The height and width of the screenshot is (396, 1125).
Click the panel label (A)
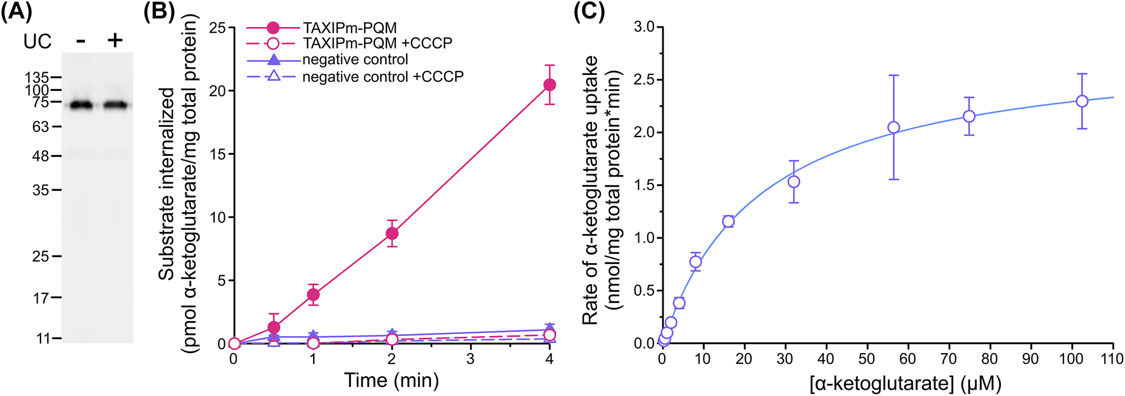16,11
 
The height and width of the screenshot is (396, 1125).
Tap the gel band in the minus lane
81,105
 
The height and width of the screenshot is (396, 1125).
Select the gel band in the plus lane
116,105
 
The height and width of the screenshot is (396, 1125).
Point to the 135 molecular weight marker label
37,77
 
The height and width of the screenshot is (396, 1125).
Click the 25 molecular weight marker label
41,257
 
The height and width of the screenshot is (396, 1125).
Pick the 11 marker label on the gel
43,338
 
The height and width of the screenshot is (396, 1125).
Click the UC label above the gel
37,41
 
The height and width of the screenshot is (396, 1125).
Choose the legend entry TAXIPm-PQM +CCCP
377,43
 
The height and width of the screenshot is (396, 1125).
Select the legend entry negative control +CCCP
383,76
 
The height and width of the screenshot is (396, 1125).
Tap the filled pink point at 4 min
549,85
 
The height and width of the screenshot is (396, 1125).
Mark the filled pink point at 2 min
392,234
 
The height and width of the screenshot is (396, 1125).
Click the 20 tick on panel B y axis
217,91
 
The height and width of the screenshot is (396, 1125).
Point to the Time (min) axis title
392,380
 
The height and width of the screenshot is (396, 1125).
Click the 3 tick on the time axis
470,359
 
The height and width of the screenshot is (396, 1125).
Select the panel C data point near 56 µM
893,127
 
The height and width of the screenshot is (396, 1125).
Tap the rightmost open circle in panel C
1082,101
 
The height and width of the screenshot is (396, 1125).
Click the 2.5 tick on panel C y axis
644,80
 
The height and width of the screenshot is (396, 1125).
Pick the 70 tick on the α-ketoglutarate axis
949,359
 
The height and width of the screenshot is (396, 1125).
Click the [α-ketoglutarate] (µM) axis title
905,384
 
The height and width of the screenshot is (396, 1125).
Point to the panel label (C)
589,11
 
